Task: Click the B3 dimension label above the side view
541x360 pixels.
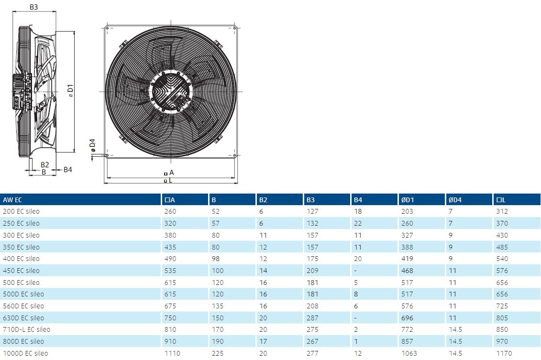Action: coord(33,7)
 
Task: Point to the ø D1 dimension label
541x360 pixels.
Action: coord(70,91)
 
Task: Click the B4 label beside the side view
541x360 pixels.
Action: coord(67,170)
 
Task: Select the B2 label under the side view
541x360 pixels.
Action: coord(44,165)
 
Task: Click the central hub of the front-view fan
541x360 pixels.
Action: coord(171,91)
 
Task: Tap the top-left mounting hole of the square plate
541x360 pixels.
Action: coord(107,28)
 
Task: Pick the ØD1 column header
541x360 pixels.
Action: coord(408,200)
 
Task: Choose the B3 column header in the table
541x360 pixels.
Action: coord(310,200)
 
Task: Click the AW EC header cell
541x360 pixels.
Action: coord(12,200)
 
